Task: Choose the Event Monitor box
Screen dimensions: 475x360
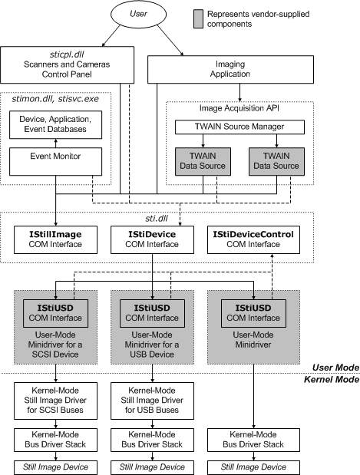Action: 55,156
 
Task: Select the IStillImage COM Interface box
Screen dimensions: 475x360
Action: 56,238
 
